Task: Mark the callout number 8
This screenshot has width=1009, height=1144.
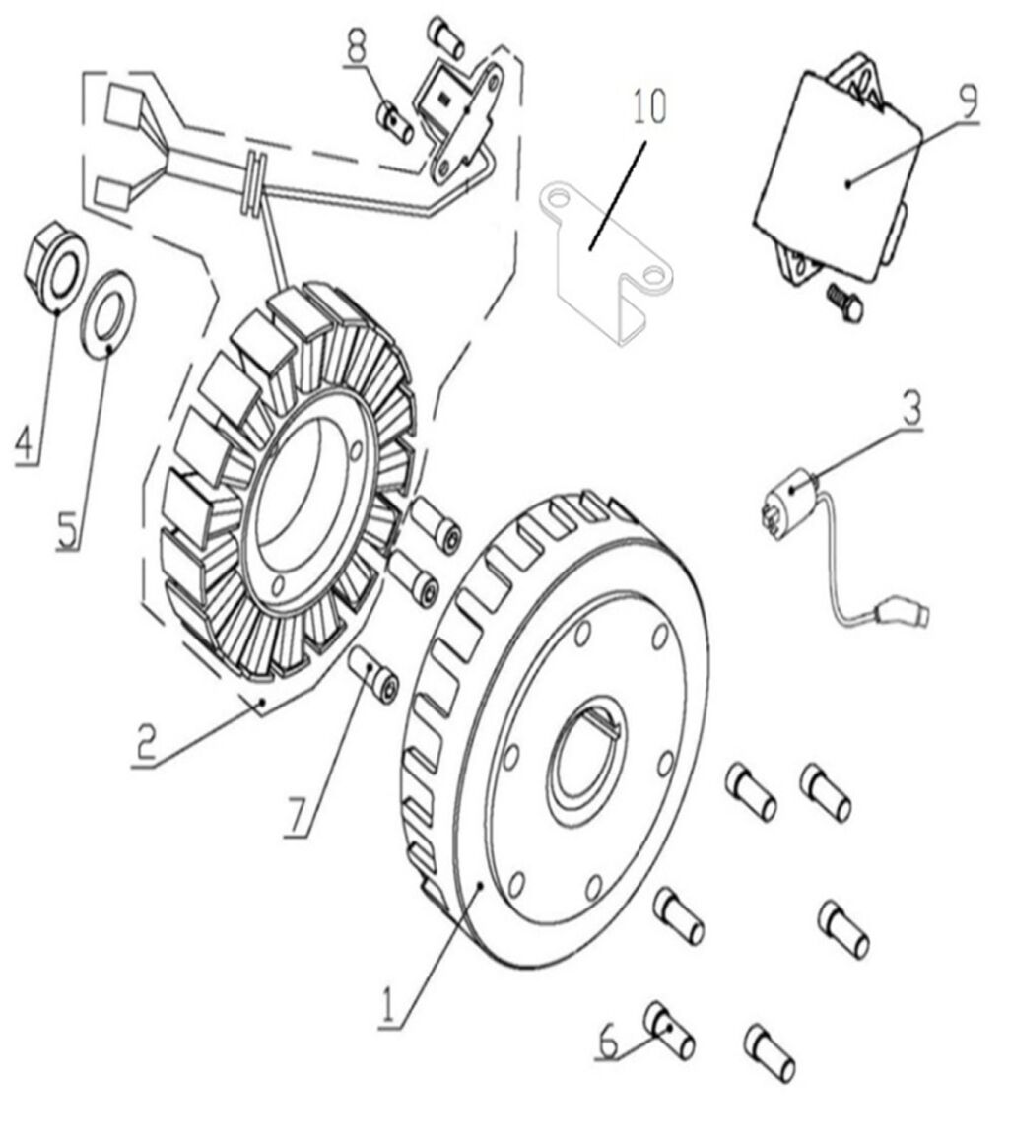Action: click(x=356, y=44)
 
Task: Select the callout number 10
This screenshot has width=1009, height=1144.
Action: click(x=649, y=105)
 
